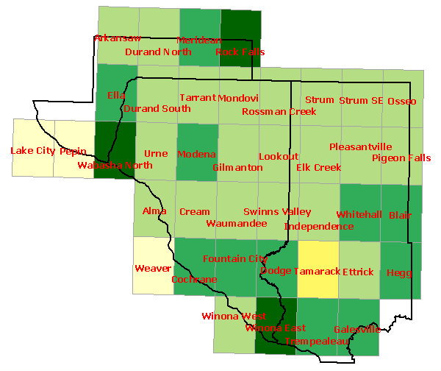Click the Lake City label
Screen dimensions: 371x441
pos(32,151)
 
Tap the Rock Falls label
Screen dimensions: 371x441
pos(240,52)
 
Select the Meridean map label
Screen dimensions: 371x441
pos(200,40)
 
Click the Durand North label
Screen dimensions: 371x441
pos(158,52)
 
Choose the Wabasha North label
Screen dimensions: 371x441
pos(115,165)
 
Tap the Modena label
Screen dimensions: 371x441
pos(196,154)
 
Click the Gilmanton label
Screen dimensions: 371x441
pos(237,167)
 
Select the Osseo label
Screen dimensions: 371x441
pos(401,101)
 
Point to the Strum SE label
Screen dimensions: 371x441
pos(361,100)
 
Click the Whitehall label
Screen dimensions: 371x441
pos(359,214)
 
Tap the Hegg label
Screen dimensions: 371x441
pos(399,272)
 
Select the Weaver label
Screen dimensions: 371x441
pos(153,268)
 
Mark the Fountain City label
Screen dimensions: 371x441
pos(235,258)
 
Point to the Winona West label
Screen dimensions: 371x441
pos(233,317)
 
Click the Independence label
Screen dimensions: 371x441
pos(319,226)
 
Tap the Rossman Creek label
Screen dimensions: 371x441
pos(279,112)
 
